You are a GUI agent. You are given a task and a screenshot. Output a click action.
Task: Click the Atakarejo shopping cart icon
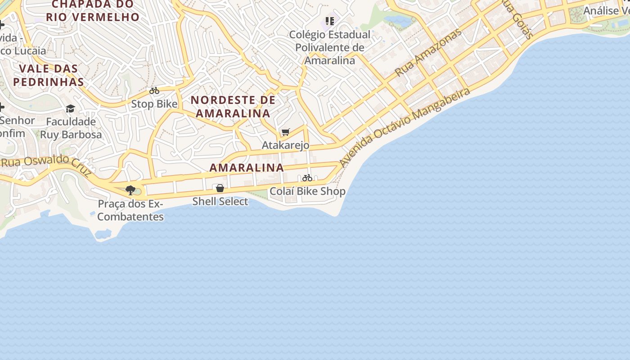[x=285, y=132]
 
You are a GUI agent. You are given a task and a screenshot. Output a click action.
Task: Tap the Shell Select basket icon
[x=220, y=188]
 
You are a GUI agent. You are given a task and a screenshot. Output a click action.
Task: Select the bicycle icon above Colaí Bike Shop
[x=307, y=178]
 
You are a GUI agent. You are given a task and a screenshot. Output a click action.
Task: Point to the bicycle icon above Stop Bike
[x=154, y=90]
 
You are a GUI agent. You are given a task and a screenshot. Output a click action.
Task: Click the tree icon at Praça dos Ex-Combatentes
[x=130, y=190]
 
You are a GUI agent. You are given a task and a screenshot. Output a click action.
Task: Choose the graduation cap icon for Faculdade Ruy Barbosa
[x=70, y=108]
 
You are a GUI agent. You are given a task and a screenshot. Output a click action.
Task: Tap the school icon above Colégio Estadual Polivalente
[x=330, y=21]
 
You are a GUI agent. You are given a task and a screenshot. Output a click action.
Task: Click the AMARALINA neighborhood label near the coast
[x=247, y=168]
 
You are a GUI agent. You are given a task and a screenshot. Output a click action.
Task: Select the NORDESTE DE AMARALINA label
[x=233, y=107]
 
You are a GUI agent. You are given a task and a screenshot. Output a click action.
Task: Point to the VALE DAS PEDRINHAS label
[x=49, y=75]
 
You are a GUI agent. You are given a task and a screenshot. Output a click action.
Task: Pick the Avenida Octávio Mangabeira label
[x=405, y=127]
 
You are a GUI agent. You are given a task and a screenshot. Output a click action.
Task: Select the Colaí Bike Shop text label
[x=307, y=191]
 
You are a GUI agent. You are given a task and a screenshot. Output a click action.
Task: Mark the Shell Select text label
[x=220, y=201]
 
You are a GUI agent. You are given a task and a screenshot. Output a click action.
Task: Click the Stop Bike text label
[x=154, y=104]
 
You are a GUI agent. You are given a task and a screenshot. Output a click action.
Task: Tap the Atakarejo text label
[x=285, y=145]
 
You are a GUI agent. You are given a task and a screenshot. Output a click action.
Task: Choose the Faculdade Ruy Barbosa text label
[x=71, y=128]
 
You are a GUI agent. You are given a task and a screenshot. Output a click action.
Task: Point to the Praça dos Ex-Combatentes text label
[x=130, y=210]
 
